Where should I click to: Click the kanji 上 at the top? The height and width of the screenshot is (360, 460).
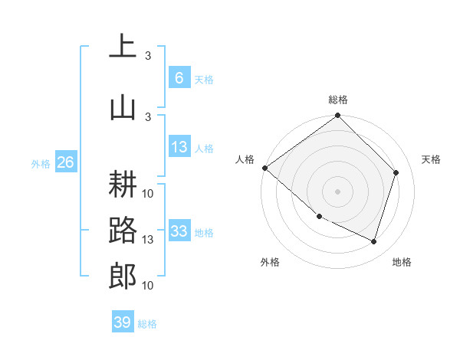click(x=123, y=47)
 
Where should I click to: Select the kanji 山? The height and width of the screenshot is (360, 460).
click(x=123, y=107)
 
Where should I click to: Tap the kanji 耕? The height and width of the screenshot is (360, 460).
click(x=123, y=184)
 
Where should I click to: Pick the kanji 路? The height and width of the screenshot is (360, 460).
click(x=123, y=230)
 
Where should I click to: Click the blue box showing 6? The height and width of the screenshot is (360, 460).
click(x=179, y=77)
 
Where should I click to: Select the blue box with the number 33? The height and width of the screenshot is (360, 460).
click(x=179, y=231)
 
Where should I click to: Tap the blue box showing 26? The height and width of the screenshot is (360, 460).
click(x=65, y=162)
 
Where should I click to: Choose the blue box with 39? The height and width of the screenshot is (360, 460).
click(x=122, y=322)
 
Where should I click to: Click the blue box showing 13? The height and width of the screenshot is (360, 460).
click(x=179, y=147)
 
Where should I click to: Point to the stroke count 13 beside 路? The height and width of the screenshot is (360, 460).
click(x=148, y=240)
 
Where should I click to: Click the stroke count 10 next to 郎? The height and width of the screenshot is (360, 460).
click(x=148, y=286)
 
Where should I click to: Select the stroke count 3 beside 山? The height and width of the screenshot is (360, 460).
click(x=148, y=116)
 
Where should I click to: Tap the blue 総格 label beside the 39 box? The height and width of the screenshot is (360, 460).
click(x=147, y=324)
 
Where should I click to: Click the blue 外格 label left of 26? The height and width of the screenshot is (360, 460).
click(x=40, y=163)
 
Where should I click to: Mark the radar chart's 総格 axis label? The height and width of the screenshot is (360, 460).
click(x=338, y=100)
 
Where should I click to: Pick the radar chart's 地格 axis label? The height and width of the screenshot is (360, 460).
click(x=402, y=262)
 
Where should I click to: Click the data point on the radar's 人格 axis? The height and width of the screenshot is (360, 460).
click(x=264, y=168)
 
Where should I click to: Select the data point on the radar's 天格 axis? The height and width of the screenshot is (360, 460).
click(x=396, y=172)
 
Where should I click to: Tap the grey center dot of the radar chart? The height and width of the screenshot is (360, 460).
click(x=337, y=191)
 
